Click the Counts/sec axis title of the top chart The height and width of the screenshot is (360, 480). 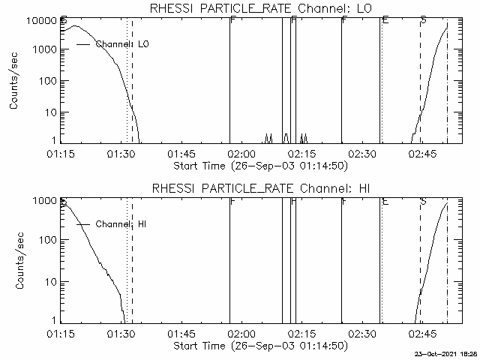pos(14,80)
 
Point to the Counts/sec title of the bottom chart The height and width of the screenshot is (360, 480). pos(14,260)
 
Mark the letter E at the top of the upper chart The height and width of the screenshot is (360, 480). pos(384,20)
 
